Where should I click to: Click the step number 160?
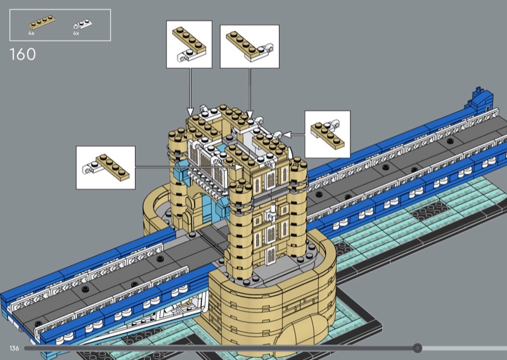coord(23,55)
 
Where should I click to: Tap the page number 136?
coord(14,349)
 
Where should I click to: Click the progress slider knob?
coord(418,348)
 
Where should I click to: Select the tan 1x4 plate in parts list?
coord(42,22)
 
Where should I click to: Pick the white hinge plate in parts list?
coord(82,24)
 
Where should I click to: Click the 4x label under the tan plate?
coord(31,34)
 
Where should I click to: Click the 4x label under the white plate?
coord(76,34)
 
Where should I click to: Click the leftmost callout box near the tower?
coord(106,167)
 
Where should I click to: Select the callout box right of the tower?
coord(328,134)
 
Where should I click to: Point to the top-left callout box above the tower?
coord(189,44)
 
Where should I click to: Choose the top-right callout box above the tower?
coord(250,46)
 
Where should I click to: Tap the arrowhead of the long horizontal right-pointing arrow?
coord(240,167)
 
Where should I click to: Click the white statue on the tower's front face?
coord(271,212)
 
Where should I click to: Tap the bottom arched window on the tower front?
coord(271,254)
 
